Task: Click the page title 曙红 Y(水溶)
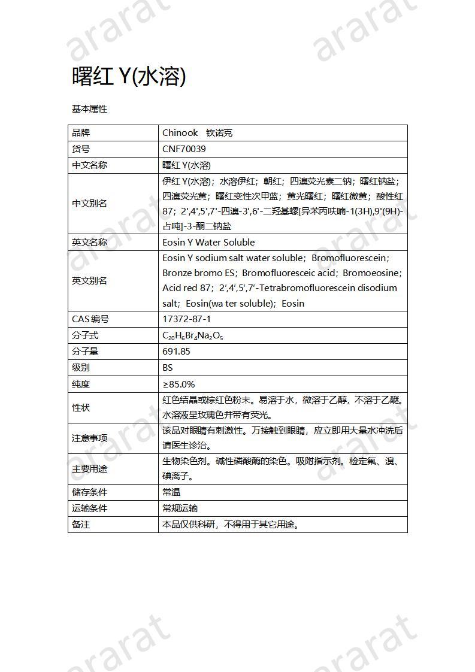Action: point(129,76)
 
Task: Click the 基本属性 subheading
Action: point(89,109)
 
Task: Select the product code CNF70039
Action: point(184,149)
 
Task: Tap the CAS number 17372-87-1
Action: point(186,319)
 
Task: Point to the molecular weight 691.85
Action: point(176,352)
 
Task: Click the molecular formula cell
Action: point(192,336)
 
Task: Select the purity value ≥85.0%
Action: point(178,384)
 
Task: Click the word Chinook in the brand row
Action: point(180,133)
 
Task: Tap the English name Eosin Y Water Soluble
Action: point(208,243)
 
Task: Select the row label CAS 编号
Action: point(90,319)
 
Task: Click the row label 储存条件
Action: point(89,492)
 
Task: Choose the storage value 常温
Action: point(171,492)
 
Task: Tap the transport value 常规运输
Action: point(180,508)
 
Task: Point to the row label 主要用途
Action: point(89,469)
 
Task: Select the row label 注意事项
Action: point(89,438)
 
